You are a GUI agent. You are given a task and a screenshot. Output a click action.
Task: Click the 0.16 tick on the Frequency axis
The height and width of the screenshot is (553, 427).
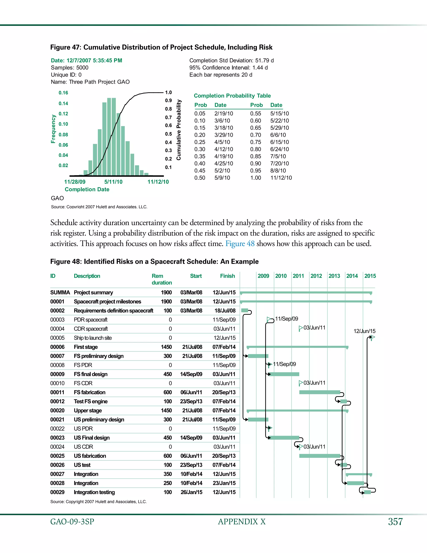click(x=63, y=93)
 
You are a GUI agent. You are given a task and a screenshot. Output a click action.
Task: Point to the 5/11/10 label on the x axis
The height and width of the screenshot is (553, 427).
click(x=113, y=182)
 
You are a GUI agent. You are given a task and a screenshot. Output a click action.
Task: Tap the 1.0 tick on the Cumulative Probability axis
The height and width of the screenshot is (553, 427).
click(x=168, y=92)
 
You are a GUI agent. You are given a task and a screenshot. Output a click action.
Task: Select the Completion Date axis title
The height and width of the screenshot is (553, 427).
click(x=87, y=189)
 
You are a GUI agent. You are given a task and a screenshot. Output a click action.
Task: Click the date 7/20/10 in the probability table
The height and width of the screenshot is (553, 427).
click(x=280, y=164)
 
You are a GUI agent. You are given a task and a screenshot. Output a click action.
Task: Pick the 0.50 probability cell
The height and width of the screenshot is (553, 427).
click(x=200, y=178)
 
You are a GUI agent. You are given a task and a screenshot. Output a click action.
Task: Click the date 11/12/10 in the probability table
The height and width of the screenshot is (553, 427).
click(x=281, y=178)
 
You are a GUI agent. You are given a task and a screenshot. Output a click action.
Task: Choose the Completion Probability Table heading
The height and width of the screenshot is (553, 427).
click(x=232, y=96)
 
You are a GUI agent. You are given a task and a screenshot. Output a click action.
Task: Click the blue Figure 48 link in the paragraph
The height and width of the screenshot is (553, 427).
click(x=240, y=244)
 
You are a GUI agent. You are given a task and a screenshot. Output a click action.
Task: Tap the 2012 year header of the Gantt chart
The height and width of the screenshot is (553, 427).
click(x=316, y=276)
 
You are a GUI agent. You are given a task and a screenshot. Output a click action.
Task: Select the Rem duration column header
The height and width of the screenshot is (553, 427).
click(x=161, y=279)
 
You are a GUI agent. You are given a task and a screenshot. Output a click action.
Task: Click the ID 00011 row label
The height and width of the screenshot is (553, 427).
click(x=57, y=393)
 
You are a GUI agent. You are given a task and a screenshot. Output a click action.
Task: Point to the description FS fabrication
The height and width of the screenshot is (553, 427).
click(x=89, y=393)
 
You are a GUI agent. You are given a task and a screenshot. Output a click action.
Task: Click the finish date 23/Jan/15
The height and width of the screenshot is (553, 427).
click(x=224, y=483)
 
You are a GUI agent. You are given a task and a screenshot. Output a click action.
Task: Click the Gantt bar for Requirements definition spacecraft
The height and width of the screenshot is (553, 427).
click(x=245, y=311)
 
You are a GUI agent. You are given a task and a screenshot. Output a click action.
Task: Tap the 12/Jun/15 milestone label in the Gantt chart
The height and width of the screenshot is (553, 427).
click(x=364, y=331)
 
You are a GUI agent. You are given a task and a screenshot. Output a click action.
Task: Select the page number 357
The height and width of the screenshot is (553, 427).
click(x=395, y=522)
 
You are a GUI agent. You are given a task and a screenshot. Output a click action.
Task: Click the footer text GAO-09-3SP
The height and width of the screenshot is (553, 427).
click(x=72, y=522)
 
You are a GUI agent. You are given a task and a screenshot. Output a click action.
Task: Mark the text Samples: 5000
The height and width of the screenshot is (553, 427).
click(x=70, y=68)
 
